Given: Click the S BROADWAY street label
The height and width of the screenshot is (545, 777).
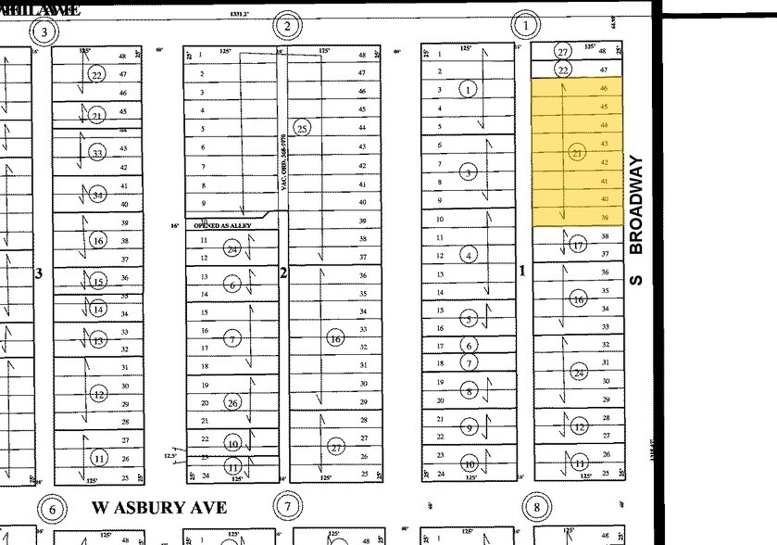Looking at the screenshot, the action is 635,220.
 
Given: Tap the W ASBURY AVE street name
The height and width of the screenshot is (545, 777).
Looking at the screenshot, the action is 160,508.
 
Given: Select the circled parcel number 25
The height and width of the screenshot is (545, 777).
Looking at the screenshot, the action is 301,128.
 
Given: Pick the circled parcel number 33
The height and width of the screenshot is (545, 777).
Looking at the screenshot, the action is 97,153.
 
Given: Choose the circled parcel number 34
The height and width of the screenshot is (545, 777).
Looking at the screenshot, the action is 97,195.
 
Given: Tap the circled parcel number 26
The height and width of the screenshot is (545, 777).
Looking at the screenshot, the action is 232,402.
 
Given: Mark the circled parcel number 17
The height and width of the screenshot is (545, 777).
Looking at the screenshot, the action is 579,245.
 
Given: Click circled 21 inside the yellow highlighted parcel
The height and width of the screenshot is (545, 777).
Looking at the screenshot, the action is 578,152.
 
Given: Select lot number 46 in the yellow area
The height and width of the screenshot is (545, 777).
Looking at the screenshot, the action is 604,88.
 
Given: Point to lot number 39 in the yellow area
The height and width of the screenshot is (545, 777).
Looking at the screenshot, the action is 604,217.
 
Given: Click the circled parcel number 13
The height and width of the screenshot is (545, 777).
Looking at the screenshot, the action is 97,341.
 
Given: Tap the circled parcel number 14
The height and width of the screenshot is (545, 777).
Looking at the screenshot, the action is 97,310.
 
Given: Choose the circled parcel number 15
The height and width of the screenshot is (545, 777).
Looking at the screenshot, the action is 97,283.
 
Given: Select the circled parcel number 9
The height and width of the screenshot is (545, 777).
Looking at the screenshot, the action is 470,427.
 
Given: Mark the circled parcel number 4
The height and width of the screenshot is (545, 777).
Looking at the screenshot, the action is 470,255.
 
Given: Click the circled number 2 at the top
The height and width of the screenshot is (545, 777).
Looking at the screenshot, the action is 287,26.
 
